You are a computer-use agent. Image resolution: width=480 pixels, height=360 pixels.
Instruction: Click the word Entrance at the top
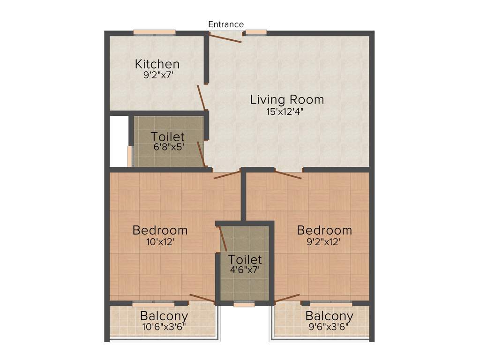(226, 24)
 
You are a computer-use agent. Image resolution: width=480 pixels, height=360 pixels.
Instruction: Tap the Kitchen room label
(157, 64)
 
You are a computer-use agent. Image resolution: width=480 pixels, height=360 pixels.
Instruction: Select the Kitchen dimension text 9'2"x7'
(157, 75)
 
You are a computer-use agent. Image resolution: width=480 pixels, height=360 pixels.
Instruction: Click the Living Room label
(287, 99)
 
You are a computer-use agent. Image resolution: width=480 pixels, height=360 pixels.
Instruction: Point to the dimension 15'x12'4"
(287, 111)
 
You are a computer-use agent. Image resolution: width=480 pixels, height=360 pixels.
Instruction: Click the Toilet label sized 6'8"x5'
(167, 137)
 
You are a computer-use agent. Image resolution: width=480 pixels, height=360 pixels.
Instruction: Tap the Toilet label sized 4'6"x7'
(245, 259)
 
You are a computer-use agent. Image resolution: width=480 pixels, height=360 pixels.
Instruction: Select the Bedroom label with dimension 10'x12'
(160, 230)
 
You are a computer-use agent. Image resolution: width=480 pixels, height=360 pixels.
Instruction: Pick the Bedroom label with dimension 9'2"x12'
(324, 230)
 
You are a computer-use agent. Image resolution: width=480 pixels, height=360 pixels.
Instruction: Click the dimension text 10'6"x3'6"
(164, 326)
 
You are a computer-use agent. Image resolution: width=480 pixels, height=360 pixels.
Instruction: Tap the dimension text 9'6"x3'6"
(328, 326)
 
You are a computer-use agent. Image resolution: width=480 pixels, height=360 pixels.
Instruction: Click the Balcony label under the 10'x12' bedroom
(164, 315)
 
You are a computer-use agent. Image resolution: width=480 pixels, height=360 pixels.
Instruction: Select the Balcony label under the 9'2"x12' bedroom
(328, 315)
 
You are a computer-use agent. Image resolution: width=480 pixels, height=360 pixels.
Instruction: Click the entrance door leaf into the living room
(225, 38)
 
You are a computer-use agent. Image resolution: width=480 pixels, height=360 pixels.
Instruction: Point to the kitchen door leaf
(202, 97)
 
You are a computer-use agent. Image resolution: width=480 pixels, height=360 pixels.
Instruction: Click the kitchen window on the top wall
(154, 33)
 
